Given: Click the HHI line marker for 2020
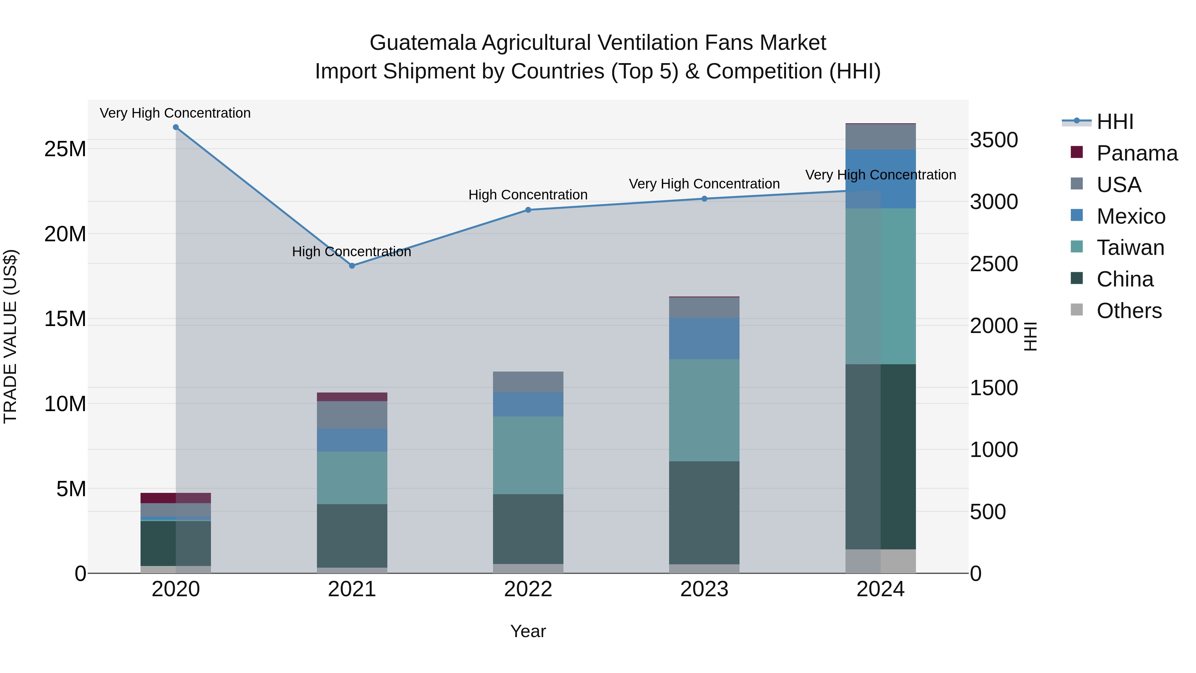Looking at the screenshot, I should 175,127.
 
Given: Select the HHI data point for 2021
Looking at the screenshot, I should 352,266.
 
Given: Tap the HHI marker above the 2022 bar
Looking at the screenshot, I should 528,210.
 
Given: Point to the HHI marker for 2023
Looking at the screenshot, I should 704,199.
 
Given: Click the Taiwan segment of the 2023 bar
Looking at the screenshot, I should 704,410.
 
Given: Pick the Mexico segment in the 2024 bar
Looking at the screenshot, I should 880,179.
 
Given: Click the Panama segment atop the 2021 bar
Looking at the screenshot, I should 352,396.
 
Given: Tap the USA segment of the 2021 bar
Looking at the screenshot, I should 352,414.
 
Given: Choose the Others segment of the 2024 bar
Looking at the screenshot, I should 880,561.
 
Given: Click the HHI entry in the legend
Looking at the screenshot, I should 1115,122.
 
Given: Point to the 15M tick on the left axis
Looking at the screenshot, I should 65,319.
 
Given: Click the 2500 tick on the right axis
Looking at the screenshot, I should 994,264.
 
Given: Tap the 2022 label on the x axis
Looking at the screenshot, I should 528,589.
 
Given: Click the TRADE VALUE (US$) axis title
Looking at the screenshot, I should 10,336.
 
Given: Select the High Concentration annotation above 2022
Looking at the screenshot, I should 528,195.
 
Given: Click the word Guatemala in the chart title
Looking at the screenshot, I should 423,43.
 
